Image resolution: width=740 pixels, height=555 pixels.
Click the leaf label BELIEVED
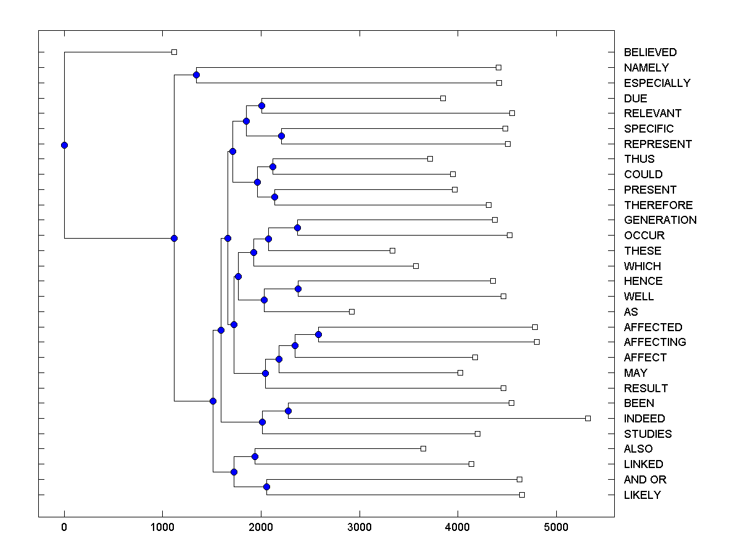click(650, 52)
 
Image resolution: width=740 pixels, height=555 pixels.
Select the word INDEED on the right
click(644, 419)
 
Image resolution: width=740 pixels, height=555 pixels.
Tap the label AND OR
click(645, 480)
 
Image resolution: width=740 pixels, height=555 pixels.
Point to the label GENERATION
click(660, 220)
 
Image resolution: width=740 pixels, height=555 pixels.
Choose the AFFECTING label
click(655, 342)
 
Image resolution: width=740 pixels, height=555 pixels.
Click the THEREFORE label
click(658, 205)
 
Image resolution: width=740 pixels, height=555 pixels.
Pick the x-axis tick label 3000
click(360, 527)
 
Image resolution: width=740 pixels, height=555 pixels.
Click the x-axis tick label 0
click(64, 527)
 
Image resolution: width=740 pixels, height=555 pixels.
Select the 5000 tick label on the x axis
click(556, 527)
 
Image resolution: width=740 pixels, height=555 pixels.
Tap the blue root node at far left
click(64, 146)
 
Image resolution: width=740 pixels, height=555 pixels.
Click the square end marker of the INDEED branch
click(588, 419)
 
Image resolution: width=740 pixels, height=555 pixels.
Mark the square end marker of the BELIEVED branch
click(174, 52)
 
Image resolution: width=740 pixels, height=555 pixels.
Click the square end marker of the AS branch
click(351, 312)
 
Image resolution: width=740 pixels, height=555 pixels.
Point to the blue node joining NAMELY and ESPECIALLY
click(196, 75)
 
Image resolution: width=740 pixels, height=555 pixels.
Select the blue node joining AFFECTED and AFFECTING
click(318, 335)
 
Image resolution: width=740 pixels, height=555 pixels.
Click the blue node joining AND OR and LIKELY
click(266, 487)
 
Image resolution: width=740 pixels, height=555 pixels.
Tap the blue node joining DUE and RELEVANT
click(261, 106)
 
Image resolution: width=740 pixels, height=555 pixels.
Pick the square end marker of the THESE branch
click(392, 250)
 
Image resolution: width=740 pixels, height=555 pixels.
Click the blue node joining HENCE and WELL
click(298, 289)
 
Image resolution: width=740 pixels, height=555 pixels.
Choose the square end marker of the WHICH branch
click(416, 266)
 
